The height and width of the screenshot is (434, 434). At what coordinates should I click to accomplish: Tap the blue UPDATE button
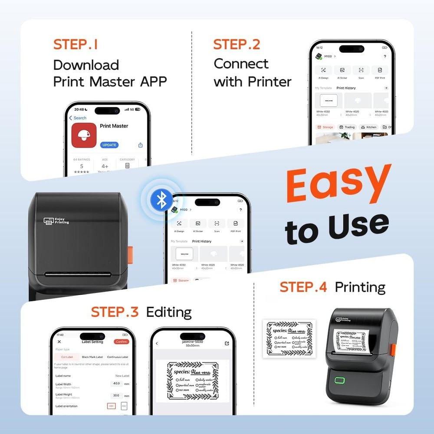tap(109, 145)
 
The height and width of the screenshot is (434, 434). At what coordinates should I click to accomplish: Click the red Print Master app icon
tap(84, 135)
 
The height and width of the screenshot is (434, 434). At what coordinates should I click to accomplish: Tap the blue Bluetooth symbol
tap(161, 200)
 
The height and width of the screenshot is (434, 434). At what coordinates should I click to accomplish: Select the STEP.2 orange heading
tap(236, 44)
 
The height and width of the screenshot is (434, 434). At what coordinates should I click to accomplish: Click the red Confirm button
tap(122, 342)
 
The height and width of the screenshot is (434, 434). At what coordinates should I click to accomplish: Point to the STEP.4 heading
tap(303, 287)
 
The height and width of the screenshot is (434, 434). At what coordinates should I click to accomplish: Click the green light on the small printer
tap(339, 380)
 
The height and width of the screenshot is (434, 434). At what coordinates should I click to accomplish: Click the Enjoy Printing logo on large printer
tap(56, 221)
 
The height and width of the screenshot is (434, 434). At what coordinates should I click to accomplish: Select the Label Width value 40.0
tap(116, 384)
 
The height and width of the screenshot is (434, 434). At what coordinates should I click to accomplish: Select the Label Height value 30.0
tap(116, 395)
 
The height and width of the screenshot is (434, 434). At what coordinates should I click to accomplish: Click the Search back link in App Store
tap(78, 118)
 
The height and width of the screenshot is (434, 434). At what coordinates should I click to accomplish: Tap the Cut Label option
tap(66, 357)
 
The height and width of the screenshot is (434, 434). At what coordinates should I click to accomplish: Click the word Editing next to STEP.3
tap(169, 312)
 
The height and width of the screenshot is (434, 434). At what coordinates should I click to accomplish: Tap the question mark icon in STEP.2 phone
tap(385, 57)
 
